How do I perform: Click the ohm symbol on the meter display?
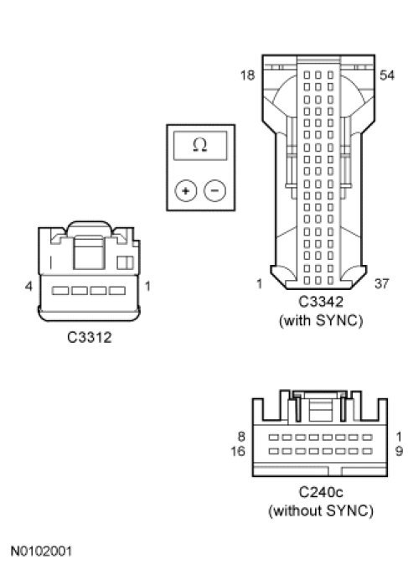[x=200, y=145]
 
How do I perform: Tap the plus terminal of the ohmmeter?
[x=186, y=190]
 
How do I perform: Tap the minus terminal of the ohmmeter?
[x=215, y=190]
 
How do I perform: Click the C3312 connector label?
[x=90, y=337]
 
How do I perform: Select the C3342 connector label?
[x=321, y=302]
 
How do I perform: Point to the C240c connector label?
[x=321, y=492]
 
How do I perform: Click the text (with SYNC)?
[x=321, y=320]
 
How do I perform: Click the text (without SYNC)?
[x=321, y=511]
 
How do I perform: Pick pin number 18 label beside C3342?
[x=247, y=75]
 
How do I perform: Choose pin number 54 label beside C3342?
[x=387, y=75]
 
